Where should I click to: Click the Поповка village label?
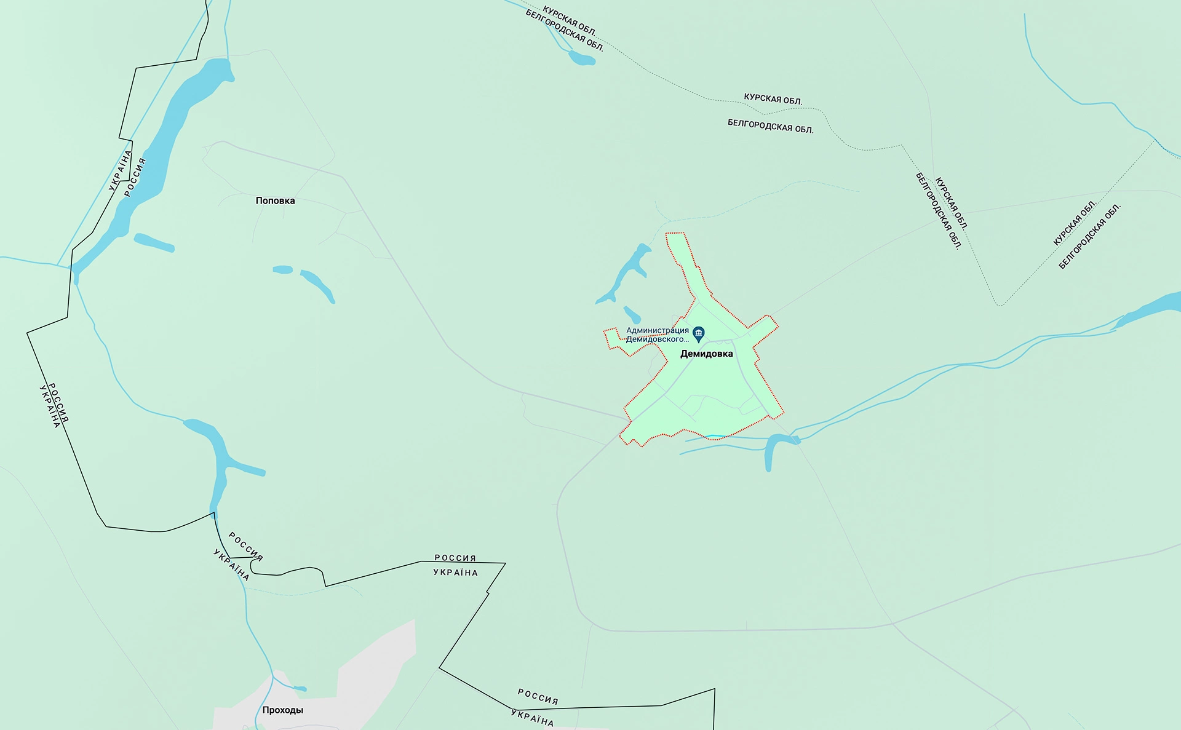point(275,200)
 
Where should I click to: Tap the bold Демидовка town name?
point(706,354)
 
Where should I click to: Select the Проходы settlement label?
point(282,710)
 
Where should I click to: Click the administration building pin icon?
point(698,334)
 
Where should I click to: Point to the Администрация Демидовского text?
point(657,335)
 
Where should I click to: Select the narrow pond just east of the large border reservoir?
point(154,243)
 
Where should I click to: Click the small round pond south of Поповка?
point(282,269)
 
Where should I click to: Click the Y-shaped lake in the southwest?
point(219,455)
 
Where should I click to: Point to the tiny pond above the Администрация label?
point(632,314)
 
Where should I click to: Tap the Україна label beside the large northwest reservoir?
point(120,170)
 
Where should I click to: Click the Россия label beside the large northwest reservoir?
point(135,178)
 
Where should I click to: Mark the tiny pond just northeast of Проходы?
point(299,689)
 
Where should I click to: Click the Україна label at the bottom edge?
point(532,718)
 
